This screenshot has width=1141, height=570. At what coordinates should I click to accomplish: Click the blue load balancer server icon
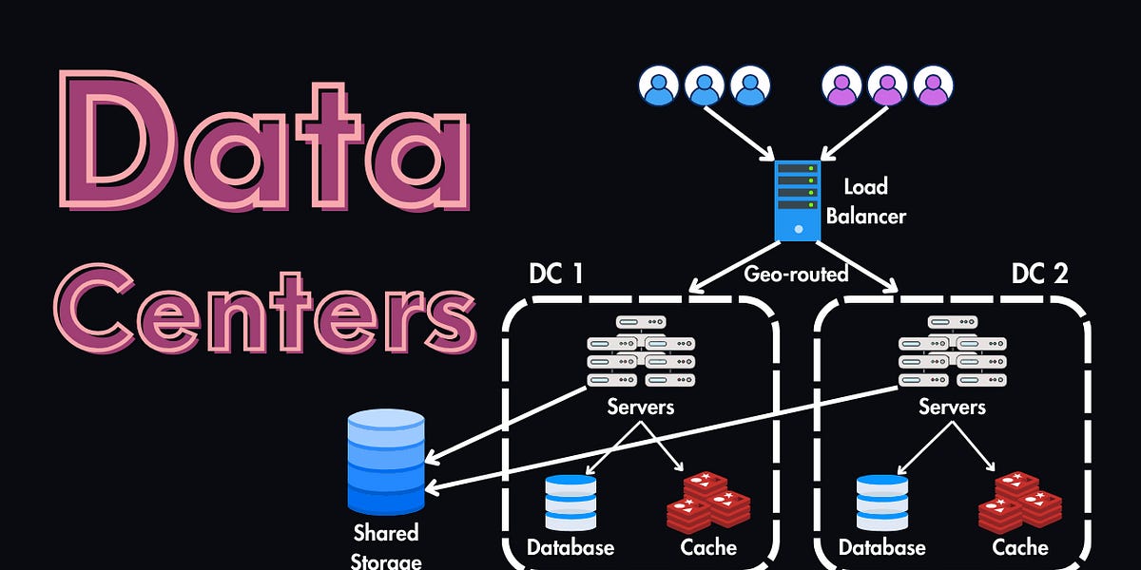[796, 199]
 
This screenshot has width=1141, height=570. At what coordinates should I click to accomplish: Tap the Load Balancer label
[865, 203]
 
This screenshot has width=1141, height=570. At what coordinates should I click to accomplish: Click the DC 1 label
[555, 274]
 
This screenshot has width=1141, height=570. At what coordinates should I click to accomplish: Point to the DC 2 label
[1039, 274]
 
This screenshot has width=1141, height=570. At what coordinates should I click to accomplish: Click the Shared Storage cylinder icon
[386, 461]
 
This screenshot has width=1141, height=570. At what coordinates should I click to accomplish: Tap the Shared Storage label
[386, 545]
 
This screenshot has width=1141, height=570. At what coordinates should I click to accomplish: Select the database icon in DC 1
[570, 502]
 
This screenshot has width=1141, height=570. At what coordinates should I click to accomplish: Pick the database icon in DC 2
[882, 502]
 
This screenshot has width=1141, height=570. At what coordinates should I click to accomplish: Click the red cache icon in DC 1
[708, 500]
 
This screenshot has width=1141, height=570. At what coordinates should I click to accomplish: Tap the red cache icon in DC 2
[1020, 500]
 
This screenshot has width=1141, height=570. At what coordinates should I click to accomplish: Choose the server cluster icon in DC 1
[629, 352]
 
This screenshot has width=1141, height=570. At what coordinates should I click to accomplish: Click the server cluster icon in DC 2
[940, 352]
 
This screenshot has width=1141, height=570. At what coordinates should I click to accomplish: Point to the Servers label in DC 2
[952, 407]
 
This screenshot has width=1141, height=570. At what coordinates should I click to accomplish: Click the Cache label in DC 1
[708, 547]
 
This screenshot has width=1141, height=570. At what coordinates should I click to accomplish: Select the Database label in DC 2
[881, 547]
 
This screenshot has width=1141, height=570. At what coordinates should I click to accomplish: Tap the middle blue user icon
[705, 85]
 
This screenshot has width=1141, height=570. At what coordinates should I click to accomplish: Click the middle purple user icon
[887, 85]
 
